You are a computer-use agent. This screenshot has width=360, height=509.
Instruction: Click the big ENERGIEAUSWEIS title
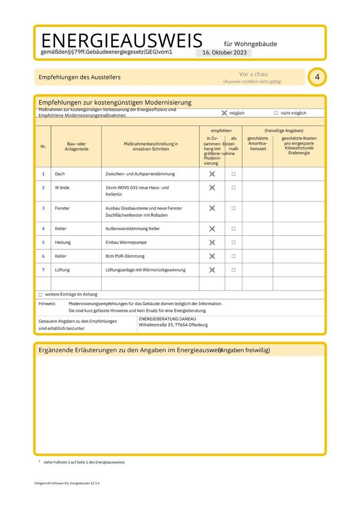point(121,40)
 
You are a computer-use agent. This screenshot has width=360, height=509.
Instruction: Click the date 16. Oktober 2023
point(223,52)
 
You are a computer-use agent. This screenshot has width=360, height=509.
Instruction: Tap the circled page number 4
point(317,77)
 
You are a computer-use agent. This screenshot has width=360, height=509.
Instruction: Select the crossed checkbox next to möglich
point(224,113)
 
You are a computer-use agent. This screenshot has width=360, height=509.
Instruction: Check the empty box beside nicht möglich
point(276,113)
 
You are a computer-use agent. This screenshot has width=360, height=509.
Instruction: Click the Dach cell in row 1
point(60,174)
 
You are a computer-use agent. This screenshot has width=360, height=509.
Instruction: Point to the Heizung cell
point(63,242)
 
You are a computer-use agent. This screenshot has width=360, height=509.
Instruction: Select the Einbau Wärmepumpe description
point(126,242)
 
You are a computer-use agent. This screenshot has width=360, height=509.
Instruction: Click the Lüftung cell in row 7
point(62,270)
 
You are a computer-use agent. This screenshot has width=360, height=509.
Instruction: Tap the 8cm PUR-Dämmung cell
point(125,256)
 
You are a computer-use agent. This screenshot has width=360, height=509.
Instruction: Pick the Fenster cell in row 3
point(62,208)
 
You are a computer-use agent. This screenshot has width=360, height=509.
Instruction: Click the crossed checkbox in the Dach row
point(212,174)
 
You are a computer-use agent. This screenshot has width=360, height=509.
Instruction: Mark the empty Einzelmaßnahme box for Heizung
point(233,242)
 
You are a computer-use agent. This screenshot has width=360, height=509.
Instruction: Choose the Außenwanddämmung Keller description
point(133,229)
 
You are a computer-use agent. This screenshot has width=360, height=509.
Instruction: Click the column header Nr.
point(43,146)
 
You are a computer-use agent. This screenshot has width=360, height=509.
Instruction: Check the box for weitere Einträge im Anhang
point(40,294)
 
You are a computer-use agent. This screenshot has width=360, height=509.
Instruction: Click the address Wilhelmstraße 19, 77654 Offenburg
point(173,325)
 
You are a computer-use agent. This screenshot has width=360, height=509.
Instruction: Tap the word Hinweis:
point(47,304)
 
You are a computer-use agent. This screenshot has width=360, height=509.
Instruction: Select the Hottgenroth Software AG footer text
point(67,484)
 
